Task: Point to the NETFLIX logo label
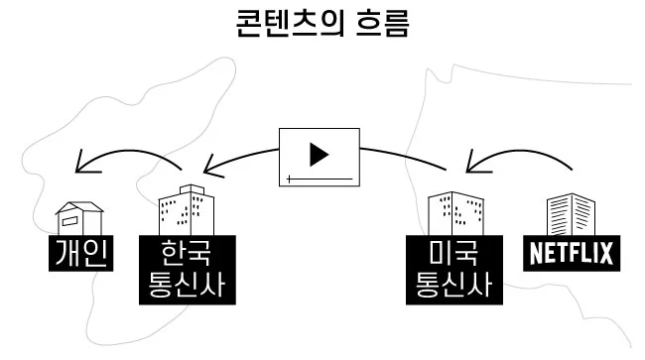coord(570,254)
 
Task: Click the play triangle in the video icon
coord(319,155)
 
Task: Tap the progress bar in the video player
coord(319,179)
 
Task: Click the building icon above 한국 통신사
coord(188,210)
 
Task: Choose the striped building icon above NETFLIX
coord(571,215)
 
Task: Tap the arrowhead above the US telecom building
coord(469,163)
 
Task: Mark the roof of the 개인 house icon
coord(79,207)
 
